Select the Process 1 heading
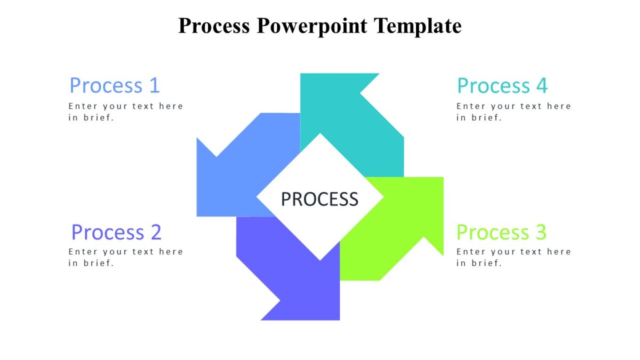(114, 85)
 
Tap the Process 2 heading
(116, 233)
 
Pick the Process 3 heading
(501, 233)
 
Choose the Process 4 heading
(502, 85)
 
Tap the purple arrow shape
(299, 277)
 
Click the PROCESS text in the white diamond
(319, 199)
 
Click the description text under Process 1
(125, 112)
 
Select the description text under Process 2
(125, 257)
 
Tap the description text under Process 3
(513, 257)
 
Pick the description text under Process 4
(513, 112)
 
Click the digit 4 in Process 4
(542, 85)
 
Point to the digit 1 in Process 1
(154, 85)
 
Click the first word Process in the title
(214, 26)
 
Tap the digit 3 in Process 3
(541, 233)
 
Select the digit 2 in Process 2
(155, 233)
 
